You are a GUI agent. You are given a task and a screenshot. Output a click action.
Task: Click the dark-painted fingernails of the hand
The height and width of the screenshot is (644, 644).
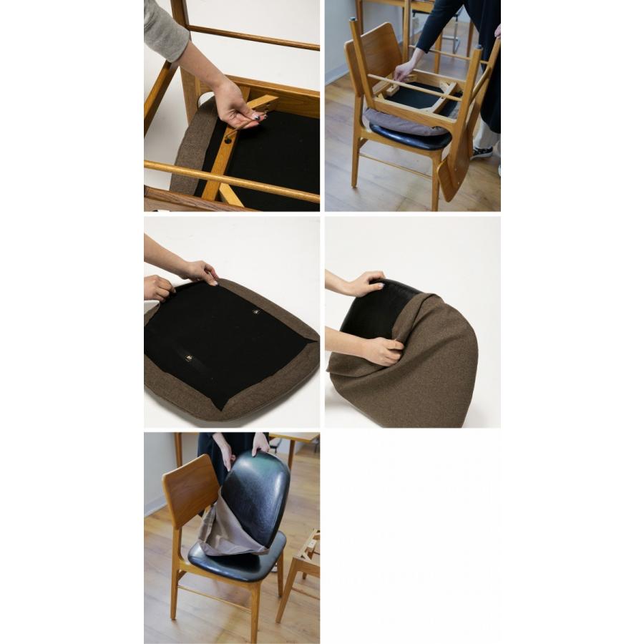point(255,117)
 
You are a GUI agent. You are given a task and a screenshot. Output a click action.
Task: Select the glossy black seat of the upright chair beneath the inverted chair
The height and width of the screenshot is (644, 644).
point(408,136)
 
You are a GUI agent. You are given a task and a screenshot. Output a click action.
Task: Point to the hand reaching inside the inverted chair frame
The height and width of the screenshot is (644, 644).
point(404,69)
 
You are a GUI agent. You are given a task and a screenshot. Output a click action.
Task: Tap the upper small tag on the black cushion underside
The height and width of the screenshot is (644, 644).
point(257,313)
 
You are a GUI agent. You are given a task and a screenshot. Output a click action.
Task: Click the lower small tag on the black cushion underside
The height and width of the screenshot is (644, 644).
point(189,358)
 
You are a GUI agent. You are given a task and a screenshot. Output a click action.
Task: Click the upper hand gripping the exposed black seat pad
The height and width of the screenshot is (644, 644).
point(365,284)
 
